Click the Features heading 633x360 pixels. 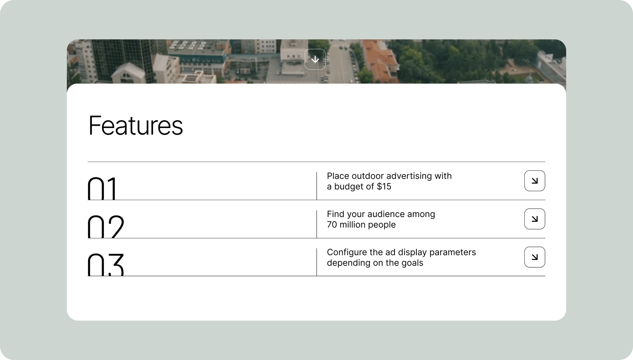click(x=136, y=126)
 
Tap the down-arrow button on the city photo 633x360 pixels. click(x=315, y=59)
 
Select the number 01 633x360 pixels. click(x=102, y=188)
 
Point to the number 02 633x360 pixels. click(x=106, y=227)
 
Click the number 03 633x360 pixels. click(x=106, y=265)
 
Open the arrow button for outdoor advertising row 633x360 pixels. click(x=535, y=181)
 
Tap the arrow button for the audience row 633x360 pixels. click(x=535, y=219)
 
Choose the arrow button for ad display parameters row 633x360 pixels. click(x=535, y=257)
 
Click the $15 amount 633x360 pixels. click(x=384, y=186)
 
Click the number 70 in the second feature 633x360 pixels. click(x=332, y=225)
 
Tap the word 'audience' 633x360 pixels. click(x=386, y=214)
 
